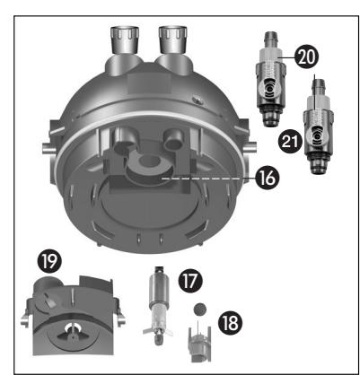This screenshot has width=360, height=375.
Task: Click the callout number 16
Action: click(x=268, y=178)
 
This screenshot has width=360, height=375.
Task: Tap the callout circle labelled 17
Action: click(x=190, y=281)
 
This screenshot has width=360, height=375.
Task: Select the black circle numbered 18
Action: click(x=231, y=322)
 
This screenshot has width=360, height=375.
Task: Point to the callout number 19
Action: click(x=49, y=261)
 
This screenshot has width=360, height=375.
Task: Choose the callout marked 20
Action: click(x=307, y=57)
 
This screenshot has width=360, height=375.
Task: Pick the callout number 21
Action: click(x=290, y=142)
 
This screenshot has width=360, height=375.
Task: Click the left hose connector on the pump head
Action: click(x=125, y=40)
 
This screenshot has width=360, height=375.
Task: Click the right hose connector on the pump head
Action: click(x=173, y=40)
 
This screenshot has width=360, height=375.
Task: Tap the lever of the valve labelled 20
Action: click(x=269, y=89)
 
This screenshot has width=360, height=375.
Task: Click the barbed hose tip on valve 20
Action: click(x=270, y=39)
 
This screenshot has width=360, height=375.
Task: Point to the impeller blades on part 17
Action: click(x=158, y=331)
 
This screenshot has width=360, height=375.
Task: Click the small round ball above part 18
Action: click(x=199, y=310)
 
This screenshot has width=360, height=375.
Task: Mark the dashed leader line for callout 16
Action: click(x=201, y=179)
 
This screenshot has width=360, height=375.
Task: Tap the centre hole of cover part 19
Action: click(x=72, y=329)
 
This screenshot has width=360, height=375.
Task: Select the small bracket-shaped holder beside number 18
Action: click(x=199, y=344)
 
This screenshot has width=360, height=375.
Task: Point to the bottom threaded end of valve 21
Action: click(x=317, y=166)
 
